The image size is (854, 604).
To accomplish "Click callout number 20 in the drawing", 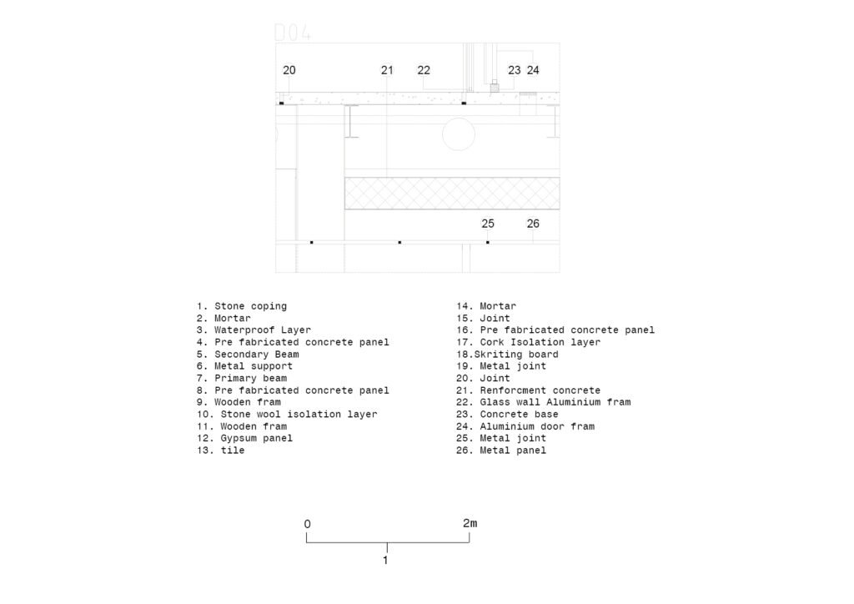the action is click(x=289, y=70).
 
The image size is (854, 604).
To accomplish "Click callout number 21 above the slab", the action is click(x=387, y=70).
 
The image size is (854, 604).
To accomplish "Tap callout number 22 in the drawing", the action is click(x=424, y=70).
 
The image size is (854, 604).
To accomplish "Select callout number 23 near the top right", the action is click(x=514, y=70).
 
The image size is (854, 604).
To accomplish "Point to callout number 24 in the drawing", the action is click(x=533, y=70).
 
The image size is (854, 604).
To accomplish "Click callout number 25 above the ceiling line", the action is click(x=488, y=224).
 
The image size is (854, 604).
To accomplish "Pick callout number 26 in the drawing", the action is click(x=533, y=224).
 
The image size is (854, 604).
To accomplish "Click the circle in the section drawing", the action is click(x=459, y=134).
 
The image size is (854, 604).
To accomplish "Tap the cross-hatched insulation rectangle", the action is click(x=452, y=194).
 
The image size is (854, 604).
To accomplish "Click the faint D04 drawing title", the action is click(x=293, y=33).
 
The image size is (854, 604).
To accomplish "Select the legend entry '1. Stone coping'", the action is click(x=242, y=306).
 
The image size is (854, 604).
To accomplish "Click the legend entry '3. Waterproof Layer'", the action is click(x=254, y=330).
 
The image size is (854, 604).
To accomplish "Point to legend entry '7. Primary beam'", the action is click(x=242, y=378).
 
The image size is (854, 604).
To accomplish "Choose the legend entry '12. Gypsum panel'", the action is click(x=245, y=438).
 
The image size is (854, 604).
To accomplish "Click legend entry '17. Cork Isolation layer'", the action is click(x=528, y=342).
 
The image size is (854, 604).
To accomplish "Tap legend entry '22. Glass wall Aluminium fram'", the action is click(x=544, y=402).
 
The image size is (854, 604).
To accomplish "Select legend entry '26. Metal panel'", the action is click(x=501, y=450).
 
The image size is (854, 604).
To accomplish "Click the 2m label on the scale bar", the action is click(x=470, y=523).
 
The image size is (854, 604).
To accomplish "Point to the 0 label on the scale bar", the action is click(x=307, y=524).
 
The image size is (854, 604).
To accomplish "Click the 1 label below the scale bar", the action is click(x=385, y=561).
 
